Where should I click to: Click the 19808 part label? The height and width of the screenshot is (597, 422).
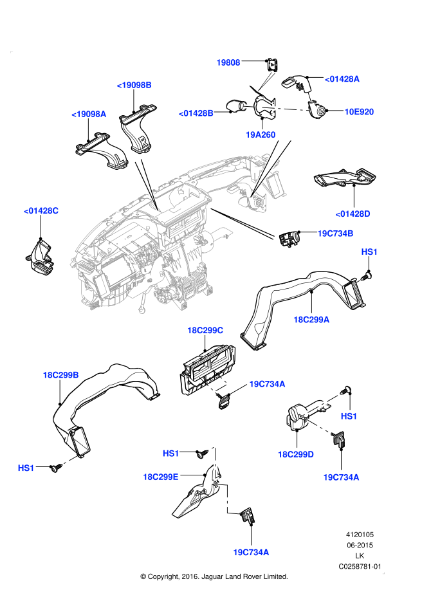[x=228, y=62]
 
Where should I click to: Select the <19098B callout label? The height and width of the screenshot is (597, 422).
[x=134, y=85]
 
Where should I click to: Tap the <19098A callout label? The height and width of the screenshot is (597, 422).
[x=89, y=114]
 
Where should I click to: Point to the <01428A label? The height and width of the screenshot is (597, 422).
[x=342, y=79]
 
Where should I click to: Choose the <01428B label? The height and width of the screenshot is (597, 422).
[x=196, y=113]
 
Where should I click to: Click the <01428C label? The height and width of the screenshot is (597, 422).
[x=41, y=210]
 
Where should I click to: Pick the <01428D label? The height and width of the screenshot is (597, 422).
[x=353, y=214]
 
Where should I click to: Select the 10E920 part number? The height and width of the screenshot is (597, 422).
[x=359, y=112]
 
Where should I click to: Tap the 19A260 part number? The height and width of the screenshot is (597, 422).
[x=261, y=135]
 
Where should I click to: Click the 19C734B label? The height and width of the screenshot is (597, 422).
[x=335, y=234]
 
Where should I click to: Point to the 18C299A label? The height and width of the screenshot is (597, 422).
[x=311, y=320]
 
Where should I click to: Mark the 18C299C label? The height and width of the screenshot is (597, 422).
[x=205, y=331]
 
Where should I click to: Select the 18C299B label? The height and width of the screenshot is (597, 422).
[x=60, y=375]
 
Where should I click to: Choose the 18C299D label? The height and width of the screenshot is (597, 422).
[x=295, y=455]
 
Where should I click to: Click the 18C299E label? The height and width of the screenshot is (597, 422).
[x=161, y=477]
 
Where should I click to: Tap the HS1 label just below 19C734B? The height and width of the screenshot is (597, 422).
[x=369, y=252]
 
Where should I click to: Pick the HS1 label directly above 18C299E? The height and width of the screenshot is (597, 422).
[x=170, y=454]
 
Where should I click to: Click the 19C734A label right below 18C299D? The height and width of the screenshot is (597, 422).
[x=341, y=477]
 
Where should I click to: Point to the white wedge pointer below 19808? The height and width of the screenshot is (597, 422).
[x=266, y=81]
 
